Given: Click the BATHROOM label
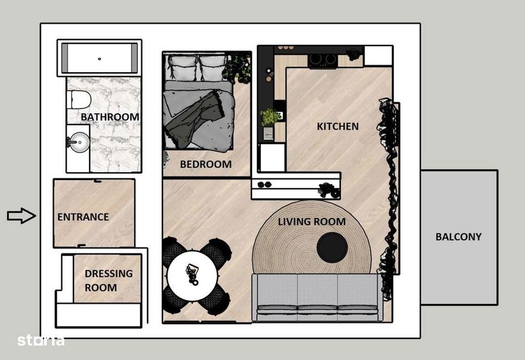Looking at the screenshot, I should point(109,117).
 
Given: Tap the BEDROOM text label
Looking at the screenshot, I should point(205,164).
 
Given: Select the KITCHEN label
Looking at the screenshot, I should point(338,127).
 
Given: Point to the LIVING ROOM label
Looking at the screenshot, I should point(311,222).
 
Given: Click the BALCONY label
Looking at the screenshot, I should point(458,237).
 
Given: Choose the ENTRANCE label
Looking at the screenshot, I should point(83,217).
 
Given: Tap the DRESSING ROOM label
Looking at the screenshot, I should point(109,281).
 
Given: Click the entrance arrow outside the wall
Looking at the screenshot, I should point(21,216).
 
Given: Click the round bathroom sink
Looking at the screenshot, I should point(79,141).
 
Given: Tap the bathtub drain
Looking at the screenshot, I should point(100,59).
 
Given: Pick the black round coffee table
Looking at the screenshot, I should point(333,247).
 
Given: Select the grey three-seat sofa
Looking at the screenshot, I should point(317,297).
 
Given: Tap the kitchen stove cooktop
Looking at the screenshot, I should point(322,60).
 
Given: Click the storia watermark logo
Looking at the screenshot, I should point(40,340).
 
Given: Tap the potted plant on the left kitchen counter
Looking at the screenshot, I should point(270,117).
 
